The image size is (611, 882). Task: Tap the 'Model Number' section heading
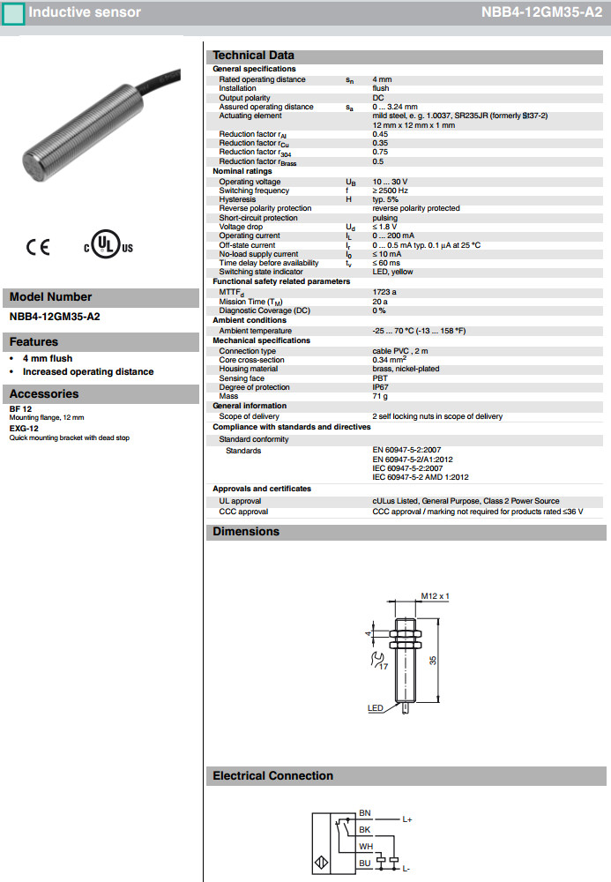coord(50,297)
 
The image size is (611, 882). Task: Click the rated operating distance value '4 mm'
coord(382,79)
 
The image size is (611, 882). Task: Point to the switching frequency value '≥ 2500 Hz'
coord(390,191)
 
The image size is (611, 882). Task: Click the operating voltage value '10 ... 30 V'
coord(390,182)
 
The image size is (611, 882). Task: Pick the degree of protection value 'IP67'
coord(380,387)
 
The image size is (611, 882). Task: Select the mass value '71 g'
coord(380,397)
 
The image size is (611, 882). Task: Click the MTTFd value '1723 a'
coord(384,292)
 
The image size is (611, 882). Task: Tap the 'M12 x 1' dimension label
coord(435,596)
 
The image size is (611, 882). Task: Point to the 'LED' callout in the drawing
coord(375,708)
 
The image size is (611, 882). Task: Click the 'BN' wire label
coord(365,812)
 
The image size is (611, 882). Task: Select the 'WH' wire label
coord(365,846)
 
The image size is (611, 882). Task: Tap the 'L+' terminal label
coord(407,819)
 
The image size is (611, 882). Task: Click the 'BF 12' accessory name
coord(20,408)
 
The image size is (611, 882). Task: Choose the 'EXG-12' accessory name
coord(24,428)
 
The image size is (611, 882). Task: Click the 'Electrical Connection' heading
coord(272,776)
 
